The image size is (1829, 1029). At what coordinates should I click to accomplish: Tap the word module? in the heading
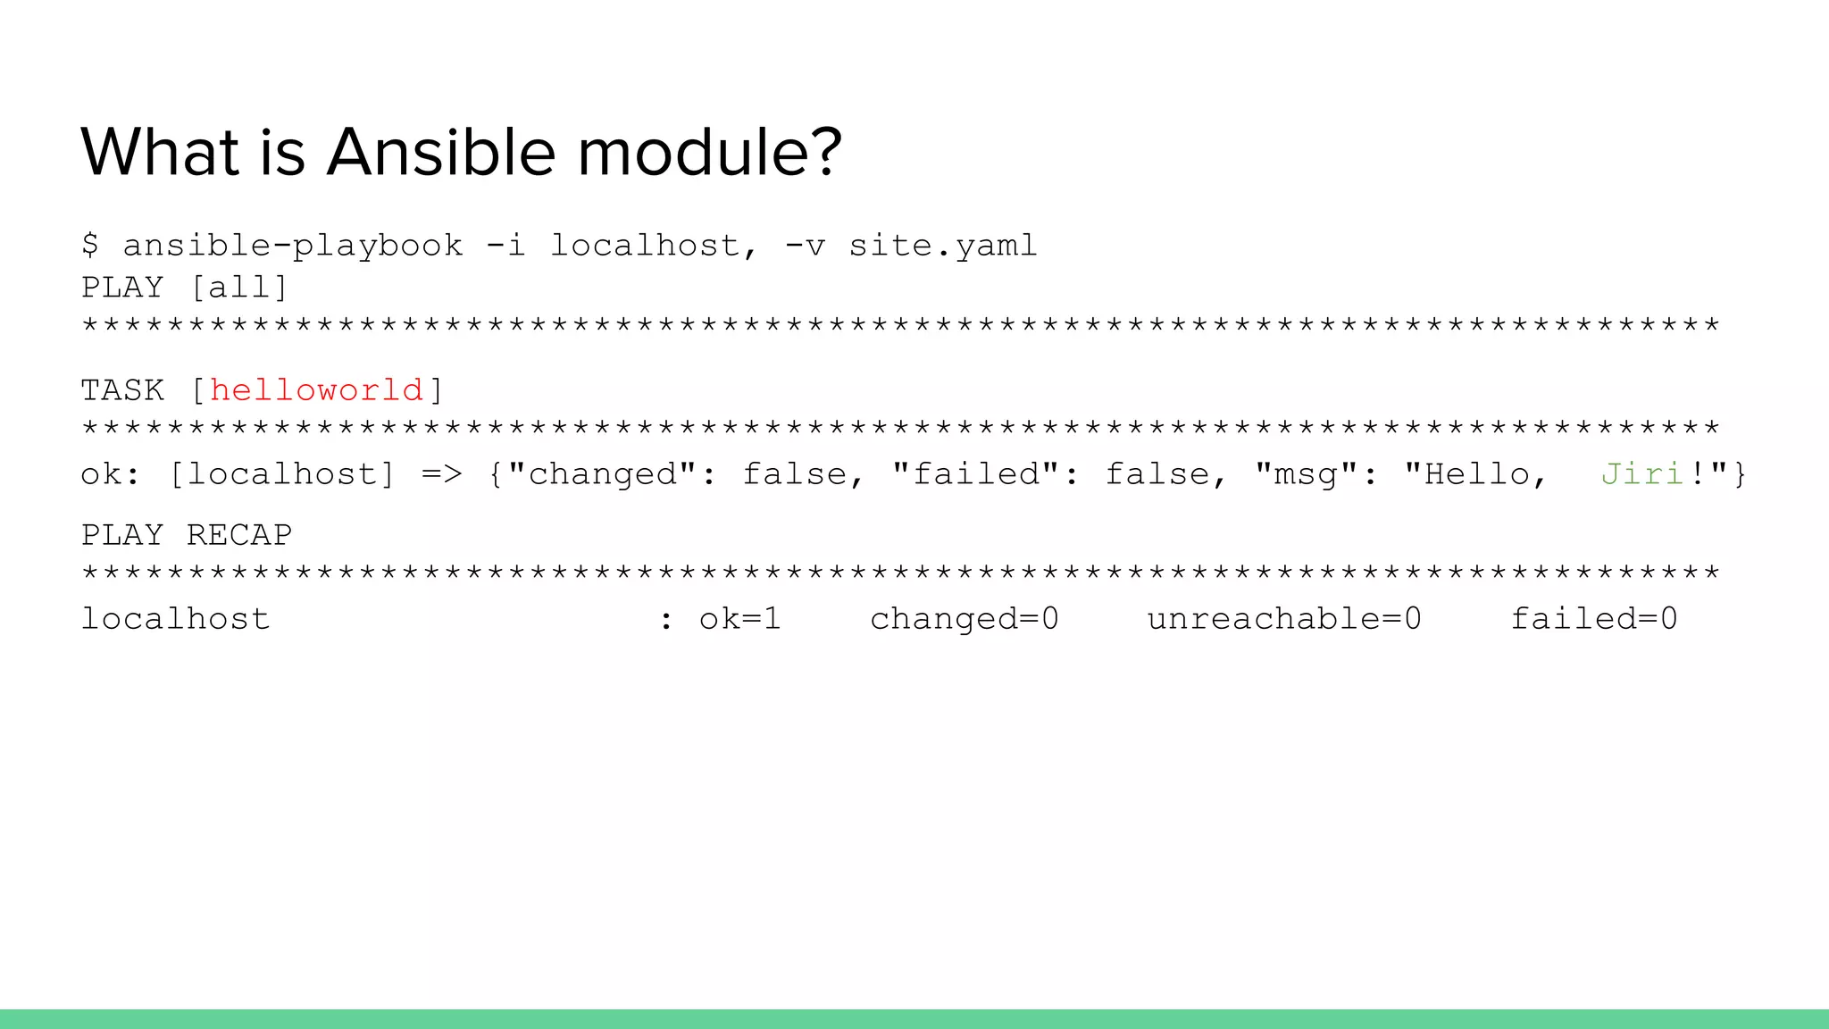pos(710,152)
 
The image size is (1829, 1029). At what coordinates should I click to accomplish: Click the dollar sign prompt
pos(90,245)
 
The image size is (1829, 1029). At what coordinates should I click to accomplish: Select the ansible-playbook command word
pos(293,246)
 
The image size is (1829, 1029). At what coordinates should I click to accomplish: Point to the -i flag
pos(505,245)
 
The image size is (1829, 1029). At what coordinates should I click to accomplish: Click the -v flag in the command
pos(805,245)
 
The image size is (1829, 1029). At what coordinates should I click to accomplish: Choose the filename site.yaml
pos(943,246)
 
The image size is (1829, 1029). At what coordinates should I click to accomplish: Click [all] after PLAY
pos(240,288)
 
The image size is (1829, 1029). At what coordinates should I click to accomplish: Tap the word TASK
pos(122,390)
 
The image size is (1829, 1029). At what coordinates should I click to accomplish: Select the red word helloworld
pos(316,390)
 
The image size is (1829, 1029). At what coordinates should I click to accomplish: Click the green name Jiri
pos(1641,473)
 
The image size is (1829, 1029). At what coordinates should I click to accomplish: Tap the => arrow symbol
pos(442,473)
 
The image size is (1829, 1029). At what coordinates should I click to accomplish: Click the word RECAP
pos(239,535)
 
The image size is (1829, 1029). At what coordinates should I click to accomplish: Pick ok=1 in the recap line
pos(739,618)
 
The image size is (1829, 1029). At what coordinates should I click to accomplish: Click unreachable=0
pos(1284,618)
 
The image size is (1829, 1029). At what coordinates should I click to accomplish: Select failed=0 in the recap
pos(1594,618)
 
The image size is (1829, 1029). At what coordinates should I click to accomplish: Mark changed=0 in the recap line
pos(965,618)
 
